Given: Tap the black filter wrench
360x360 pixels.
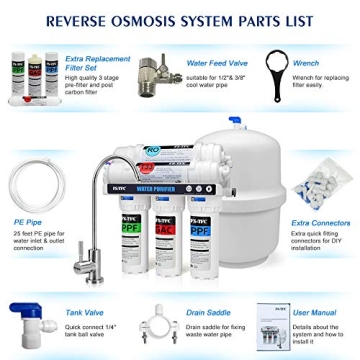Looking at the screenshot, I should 273,72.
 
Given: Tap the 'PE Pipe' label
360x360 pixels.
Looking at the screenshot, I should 27,222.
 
